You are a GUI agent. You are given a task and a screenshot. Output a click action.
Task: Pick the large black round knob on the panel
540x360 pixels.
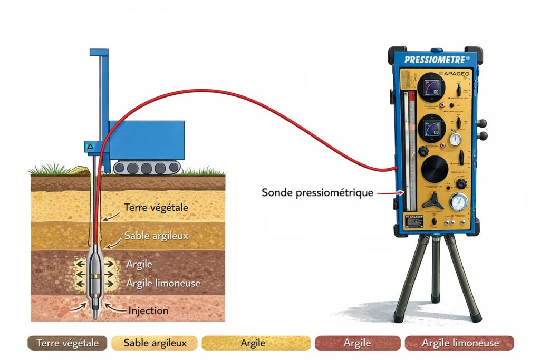tap(435, 168)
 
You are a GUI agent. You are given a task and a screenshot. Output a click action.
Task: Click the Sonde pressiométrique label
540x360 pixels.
tap(317, 193)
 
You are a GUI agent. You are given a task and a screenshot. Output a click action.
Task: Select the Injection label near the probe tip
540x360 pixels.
tap(149, 310)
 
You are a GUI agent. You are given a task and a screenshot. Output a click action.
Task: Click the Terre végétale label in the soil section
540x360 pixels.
tap(156, 208)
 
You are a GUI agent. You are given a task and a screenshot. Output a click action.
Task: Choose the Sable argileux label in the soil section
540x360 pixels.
tap(156, 235)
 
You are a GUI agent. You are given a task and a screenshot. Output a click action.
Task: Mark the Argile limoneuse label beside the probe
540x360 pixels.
tap(163, 283)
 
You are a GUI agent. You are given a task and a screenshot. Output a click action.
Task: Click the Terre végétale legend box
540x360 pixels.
tap(67, 343)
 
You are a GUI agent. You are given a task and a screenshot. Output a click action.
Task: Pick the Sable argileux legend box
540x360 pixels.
tap(155, 343)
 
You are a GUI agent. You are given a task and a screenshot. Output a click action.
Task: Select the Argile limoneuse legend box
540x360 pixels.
tap(460, 343)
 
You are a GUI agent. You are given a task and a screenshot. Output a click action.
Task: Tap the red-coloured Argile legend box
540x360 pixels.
tap(357, 343)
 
